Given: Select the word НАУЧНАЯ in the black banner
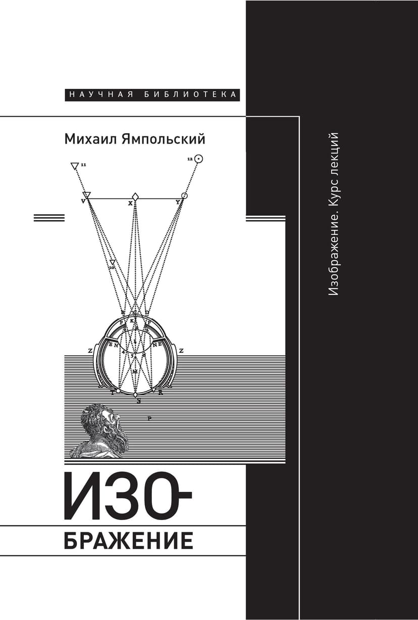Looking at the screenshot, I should click(101, 94).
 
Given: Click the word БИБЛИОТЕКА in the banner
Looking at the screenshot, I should click(191, 94).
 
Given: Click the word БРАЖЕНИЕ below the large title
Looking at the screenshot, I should click(128, 540).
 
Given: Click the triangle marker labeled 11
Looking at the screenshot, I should click(75, 165).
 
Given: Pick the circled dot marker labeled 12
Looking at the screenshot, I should click(198, 159).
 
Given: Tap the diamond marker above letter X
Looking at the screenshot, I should click(135, 196).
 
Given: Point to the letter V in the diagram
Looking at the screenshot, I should click(83, 201).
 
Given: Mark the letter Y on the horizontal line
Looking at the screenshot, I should click(178, 202).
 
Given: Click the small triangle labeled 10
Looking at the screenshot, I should click(112, 263).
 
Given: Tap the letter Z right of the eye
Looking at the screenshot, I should click(180, 350).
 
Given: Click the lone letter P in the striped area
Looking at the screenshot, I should click(150, 418).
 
